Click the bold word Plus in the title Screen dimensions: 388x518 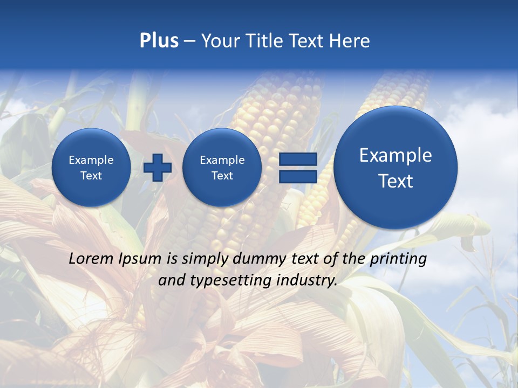(x=159, y=41)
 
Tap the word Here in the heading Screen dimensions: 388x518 (x=350, y=41)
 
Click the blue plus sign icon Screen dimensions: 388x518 (x=158, y=168)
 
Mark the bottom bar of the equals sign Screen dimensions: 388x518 (x=298, y=177)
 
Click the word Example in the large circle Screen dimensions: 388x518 (x=396, y=155)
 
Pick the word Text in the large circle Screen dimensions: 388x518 (x=396, y=181)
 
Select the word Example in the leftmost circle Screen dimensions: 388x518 (x=91, y=160)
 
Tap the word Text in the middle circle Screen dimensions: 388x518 (x=222, y=176)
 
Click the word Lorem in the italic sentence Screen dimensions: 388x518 (x=91, y=259)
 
